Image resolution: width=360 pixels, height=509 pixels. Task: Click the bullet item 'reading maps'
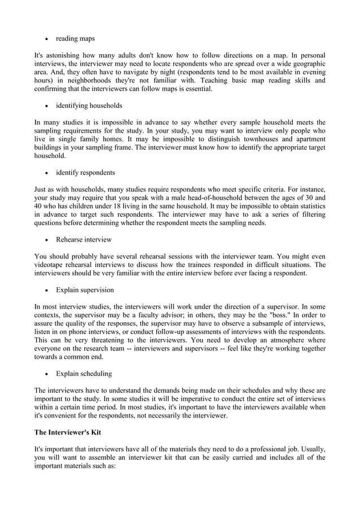[x=75, y=39]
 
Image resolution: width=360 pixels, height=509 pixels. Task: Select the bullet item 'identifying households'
[x=89, y=106]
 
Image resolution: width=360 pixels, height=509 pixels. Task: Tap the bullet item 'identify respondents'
[x=85, y=172]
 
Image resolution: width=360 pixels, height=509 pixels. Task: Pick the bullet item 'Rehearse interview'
[x=84, y=239]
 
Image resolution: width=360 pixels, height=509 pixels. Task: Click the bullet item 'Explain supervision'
[x=85, y=290]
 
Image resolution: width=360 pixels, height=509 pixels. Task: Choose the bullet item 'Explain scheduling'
[x=84, y=373]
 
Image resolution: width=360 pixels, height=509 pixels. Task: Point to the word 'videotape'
[x=51, y=264]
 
